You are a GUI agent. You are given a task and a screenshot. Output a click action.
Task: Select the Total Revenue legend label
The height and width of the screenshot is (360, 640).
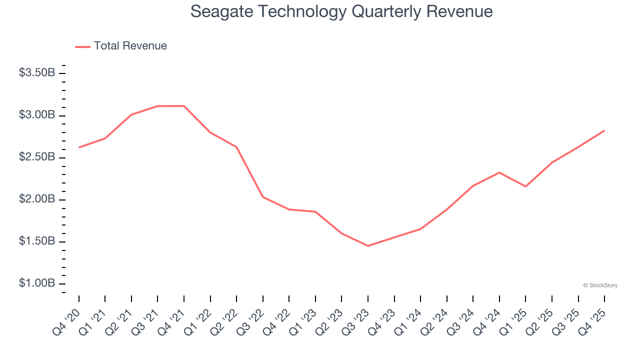[x=130, y=46]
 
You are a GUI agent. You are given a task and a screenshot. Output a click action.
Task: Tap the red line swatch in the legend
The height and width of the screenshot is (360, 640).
[x=82, y=46]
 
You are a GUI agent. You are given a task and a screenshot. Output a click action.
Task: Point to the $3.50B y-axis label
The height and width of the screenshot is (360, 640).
[x=37, y=73]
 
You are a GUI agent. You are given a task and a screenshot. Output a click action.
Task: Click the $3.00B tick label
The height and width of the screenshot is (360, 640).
[x=37, y=115]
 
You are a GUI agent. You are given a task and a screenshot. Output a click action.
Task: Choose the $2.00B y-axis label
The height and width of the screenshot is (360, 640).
[x=37, y=199]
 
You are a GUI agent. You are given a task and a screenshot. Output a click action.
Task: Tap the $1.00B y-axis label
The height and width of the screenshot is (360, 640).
[x=37, y=283]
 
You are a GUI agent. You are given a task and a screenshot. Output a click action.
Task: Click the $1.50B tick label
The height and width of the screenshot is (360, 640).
[x=37, y=241]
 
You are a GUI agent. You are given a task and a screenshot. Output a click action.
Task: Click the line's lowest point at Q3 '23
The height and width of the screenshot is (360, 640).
[x=368, y=246]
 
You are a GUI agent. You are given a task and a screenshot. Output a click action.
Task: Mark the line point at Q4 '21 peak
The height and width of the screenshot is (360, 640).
[x=184, y=106]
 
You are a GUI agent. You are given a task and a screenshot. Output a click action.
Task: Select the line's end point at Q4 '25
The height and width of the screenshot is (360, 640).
[x=604, y=130]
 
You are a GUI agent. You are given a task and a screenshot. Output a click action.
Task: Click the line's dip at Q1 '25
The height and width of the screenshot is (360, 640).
[x=525, y=186]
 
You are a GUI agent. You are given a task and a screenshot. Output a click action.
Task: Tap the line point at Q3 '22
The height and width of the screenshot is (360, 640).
[x=263, y=197]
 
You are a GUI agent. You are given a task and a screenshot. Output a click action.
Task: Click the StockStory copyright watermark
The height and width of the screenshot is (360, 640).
[x=600, y=285]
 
